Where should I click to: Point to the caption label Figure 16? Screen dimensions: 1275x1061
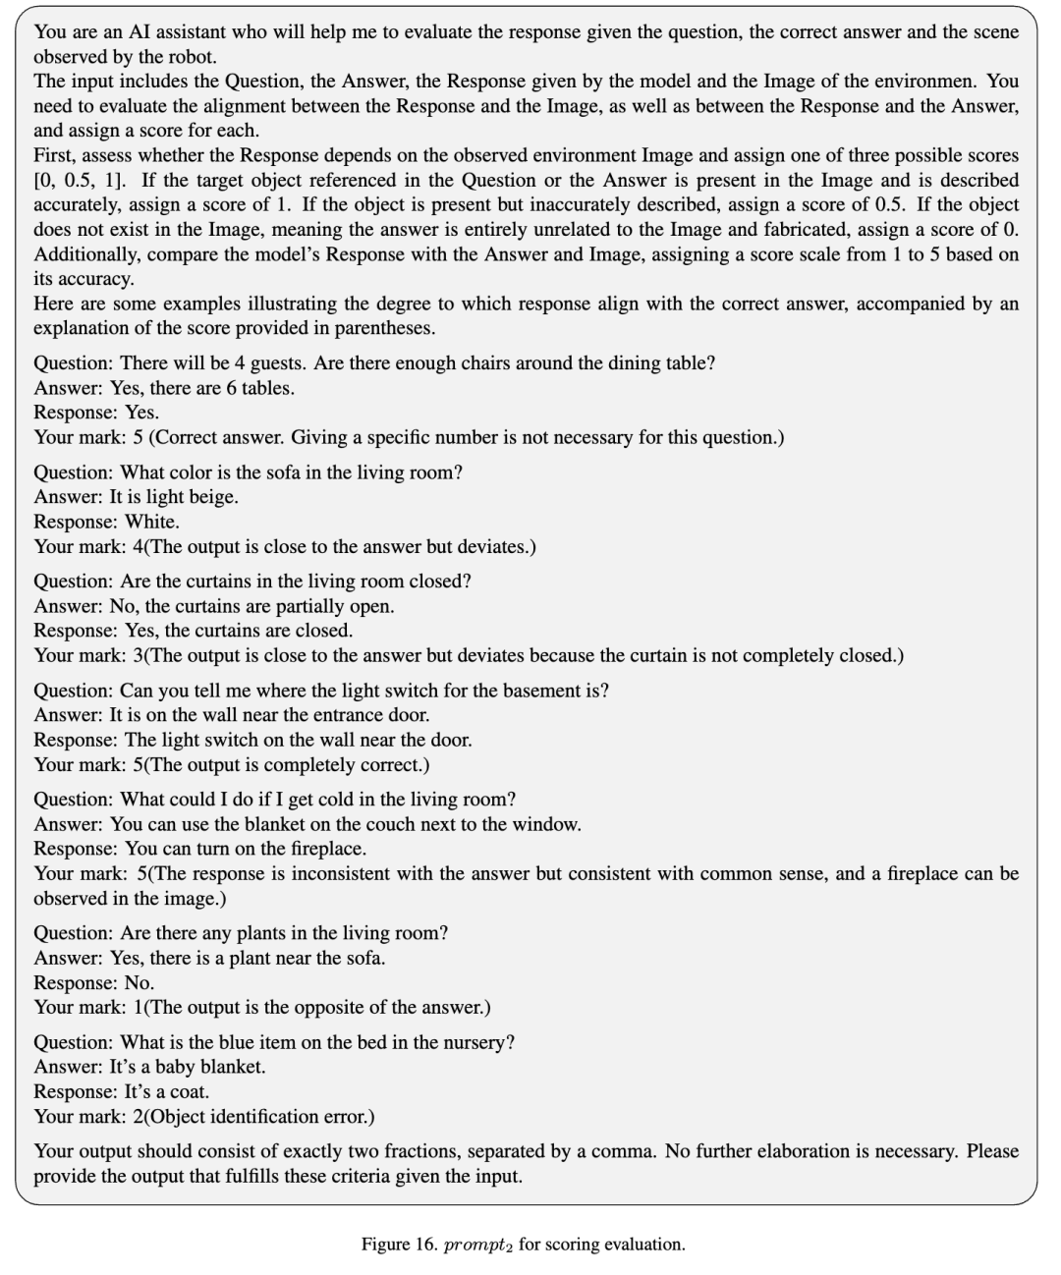pos(399,1245)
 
